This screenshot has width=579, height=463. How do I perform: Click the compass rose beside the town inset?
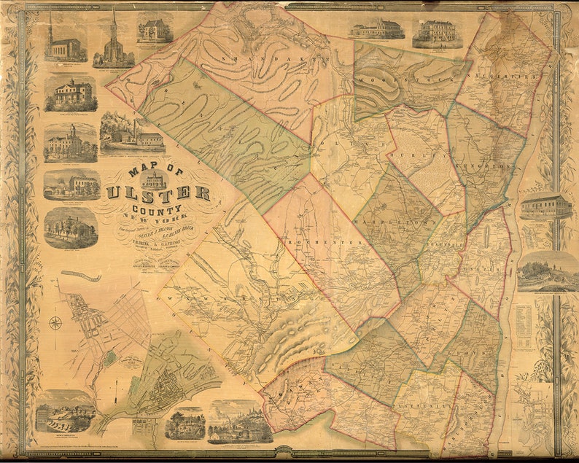(x=55, y=322)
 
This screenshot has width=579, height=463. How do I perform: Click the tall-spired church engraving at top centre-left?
(x=113, y=40)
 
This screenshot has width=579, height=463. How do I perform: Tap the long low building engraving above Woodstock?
(x=376, y=29)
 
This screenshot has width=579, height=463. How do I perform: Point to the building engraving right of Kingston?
(x=545, y=206)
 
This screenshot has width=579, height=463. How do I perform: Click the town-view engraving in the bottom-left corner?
(x=65, y=412)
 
